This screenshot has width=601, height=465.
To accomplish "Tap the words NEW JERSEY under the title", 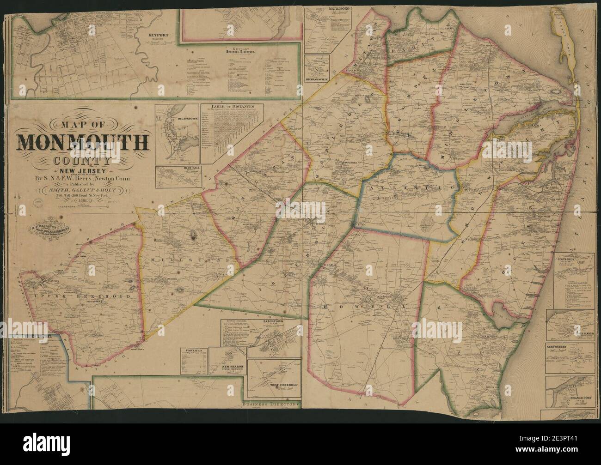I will pos(83,171).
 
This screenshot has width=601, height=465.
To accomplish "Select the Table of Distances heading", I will pos(232,107).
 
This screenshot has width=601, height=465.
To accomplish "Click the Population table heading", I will pos(193,350).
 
